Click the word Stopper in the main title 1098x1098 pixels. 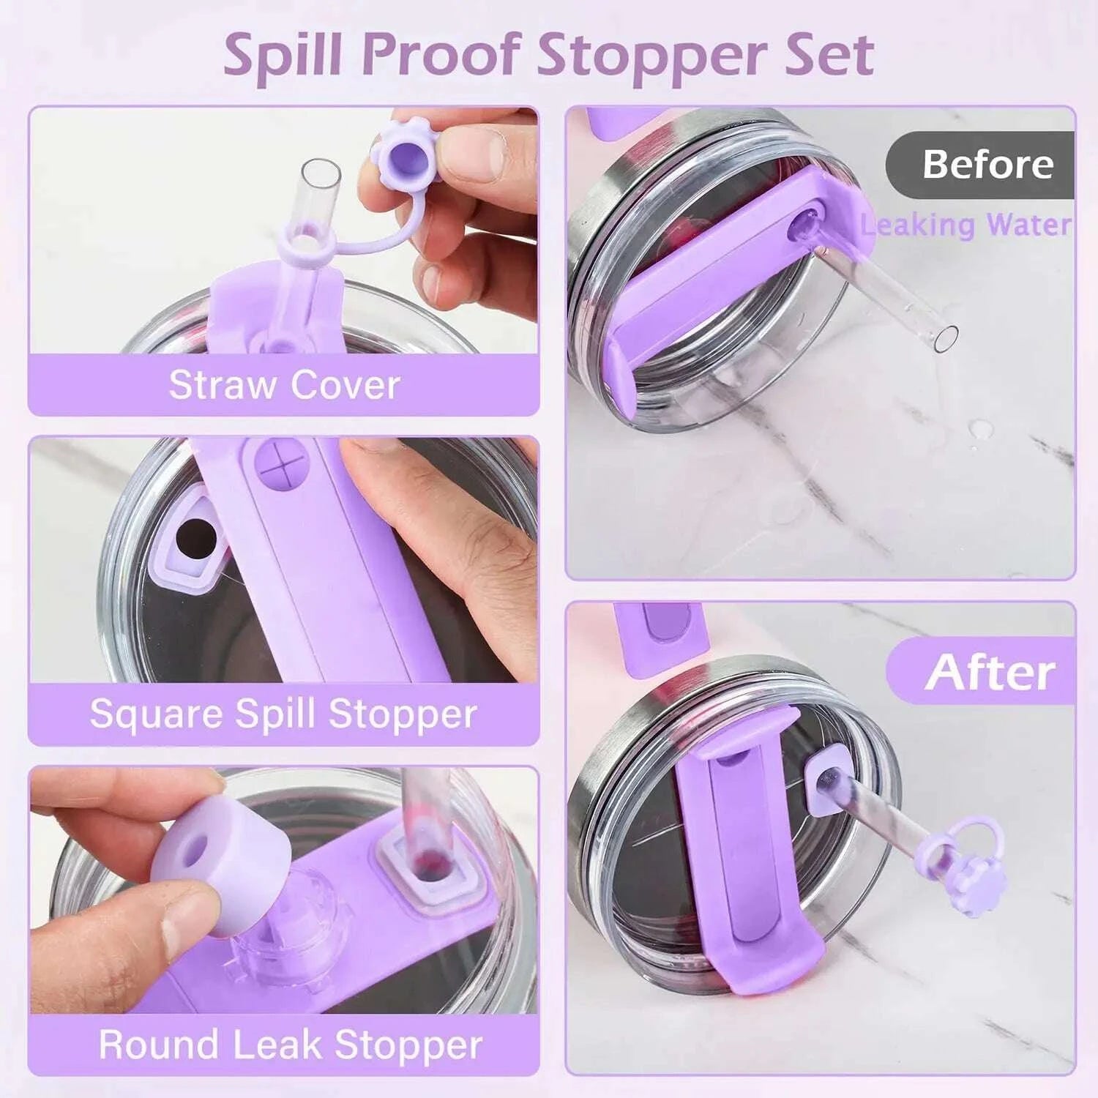651,55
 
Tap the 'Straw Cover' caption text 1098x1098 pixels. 284,385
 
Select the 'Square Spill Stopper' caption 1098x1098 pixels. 283,714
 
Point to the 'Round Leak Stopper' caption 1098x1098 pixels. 290,1045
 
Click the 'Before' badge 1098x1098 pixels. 987,164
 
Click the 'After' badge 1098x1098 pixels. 990,672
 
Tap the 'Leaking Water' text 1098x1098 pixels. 966,225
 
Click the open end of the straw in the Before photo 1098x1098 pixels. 947,337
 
